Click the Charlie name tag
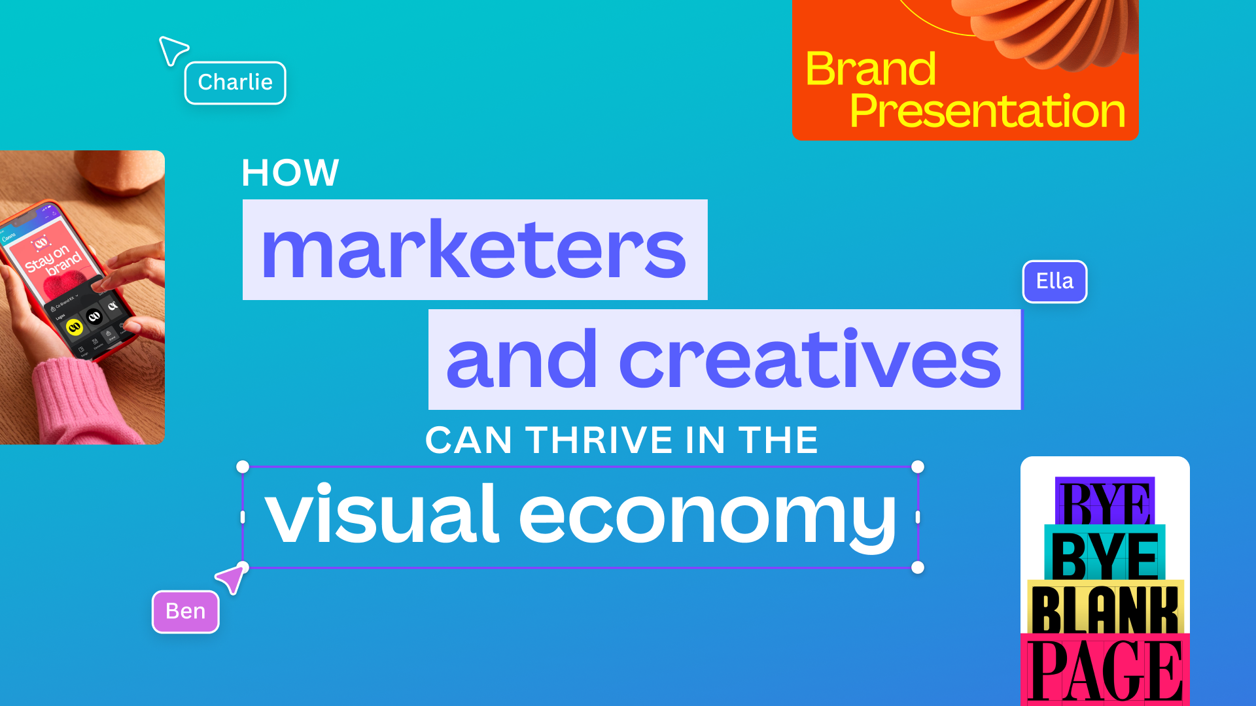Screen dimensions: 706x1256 point(235,83)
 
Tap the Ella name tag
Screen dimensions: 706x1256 point(1055,282)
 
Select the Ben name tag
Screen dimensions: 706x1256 point(185,611)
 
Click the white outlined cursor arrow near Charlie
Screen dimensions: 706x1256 point(172,50)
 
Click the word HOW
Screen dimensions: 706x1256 point(290,173)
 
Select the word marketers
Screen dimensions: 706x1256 point(474,250)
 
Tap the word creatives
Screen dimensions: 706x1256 point(810,360)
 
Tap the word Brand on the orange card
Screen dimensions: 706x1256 point(871,69)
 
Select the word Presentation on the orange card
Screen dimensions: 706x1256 point(987,110)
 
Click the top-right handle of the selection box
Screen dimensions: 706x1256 point(918,467)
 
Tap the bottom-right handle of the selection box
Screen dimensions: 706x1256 point(918,567)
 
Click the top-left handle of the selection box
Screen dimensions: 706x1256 point(243,467)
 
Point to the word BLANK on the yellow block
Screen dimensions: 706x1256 point(1105,609)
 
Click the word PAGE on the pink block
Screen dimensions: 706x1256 point(1105,670)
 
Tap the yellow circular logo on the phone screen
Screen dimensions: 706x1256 point(75,327)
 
